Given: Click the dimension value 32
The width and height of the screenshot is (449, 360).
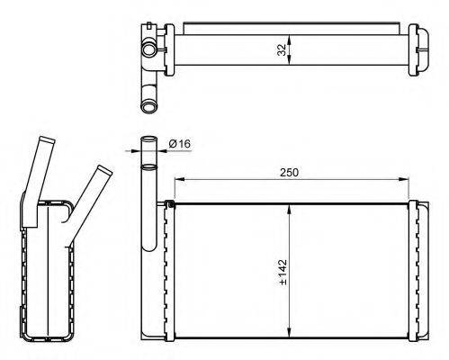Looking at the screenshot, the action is (282, 49).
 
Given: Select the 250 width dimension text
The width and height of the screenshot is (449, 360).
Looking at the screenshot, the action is (289, 173).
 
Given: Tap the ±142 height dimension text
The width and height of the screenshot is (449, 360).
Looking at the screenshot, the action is (283, 272).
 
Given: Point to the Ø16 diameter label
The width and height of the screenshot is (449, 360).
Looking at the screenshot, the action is (180, 144).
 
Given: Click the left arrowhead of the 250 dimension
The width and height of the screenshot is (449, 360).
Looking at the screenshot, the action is (179, 179).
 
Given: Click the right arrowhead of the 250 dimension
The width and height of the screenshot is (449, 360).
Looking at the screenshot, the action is (404, 179).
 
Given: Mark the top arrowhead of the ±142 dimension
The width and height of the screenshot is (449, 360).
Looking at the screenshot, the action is (289, 209).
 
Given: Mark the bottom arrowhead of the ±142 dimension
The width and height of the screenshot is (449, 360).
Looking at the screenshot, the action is (289, 332).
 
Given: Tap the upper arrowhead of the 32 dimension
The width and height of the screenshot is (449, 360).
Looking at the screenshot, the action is (289, 40).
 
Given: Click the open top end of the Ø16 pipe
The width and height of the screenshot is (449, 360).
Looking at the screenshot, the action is (149, 139).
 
